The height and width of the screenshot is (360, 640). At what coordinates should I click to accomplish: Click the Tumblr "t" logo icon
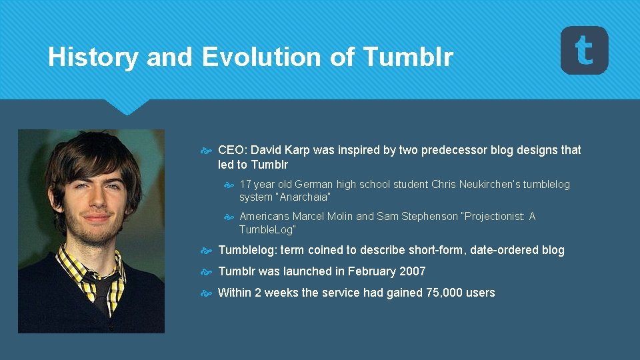pos(584,50)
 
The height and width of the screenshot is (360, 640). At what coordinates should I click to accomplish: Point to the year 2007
pos(412,272)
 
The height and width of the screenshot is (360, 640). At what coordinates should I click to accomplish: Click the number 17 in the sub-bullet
pos(245,184)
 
